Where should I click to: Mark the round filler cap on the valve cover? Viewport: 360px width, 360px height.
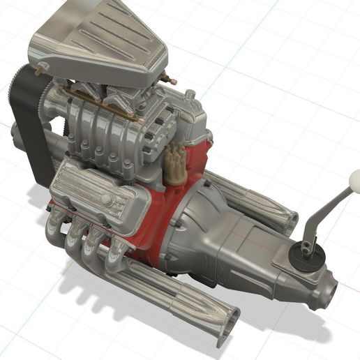[x=107, y=200]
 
